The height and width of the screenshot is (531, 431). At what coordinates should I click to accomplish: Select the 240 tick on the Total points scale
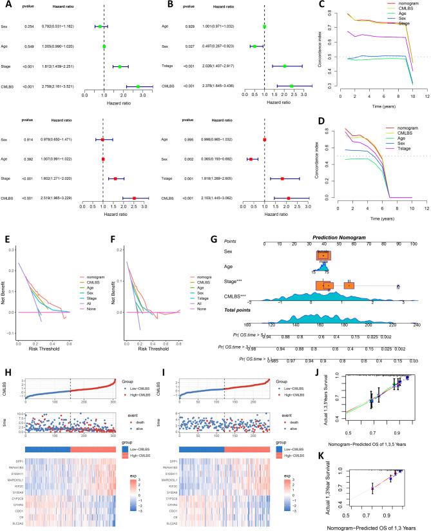tap(416, 324)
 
